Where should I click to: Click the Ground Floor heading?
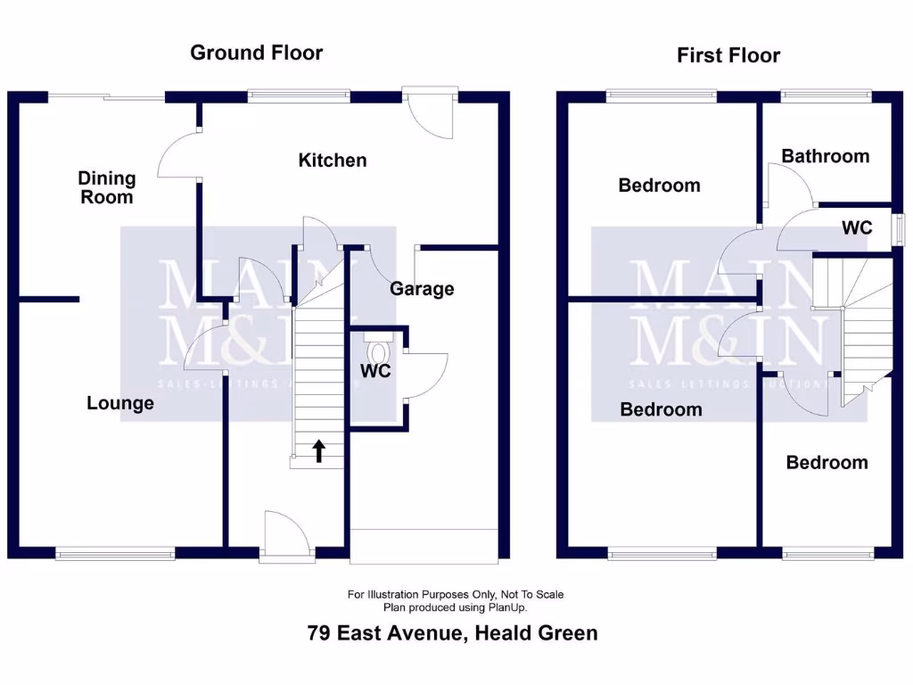[256, 53]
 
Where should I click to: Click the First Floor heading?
[728, 55]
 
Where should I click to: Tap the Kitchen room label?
[332, 161]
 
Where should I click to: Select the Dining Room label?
[107, 188]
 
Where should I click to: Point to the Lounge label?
[120, 403]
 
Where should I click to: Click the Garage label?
[422, 289]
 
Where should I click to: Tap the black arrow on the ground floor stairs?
[318, 450]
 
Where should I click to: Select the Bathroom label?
[825, 156]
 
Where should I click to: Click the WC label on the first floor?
[857, 228]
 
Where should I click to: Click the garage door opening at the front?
[424, 546]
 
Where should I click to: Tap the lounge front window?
[116, 554]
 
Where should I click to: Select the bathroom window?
[826, 93]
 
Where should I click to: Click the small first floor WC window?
[900, 227]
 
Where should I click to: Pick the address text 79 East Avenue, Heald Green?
[452, 633]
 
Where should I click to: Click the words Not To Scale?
[531, 594]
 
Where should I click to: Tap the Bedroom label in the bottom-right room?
[826, 462]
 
